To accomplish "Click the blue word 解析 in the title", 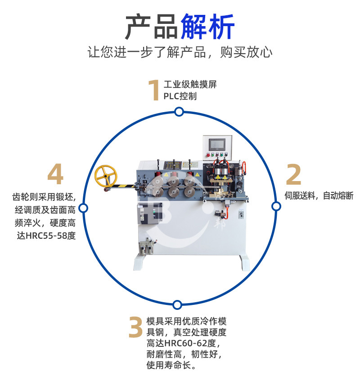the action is pos(207,26).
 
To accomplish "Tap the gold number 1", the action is pos(154,90).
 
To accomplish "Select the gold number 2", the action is pos(293,175).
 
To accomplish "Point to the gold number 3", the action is pos(136,327).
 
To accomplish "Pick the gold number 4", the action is pos(55,174).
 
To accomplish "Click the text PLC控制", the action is pos(180,96).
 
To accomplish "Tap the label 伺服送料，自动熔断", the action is pos(319,196).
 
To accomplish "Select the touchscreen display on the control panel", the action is pos(217,145).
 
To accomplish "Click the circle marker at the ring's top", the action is pos(179,112).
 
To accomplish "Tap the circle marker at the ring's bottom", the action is pos(177,305).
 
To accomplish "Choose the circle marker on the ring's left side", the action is pos(84,208).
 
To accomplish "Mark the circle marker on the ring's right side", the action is pos(276,206).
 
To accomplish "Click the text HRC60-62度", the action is pos(190,343).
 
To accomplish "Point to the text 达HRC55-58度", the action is pos(46,236).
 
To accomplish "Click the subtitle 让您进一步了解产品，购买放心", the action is pos(180,52).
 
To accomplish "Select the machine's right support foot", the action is pos(244,263).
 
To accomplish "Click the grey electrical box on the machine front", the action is pos(150,213).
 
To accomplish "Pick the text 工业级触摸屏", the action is pos(190,84).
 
